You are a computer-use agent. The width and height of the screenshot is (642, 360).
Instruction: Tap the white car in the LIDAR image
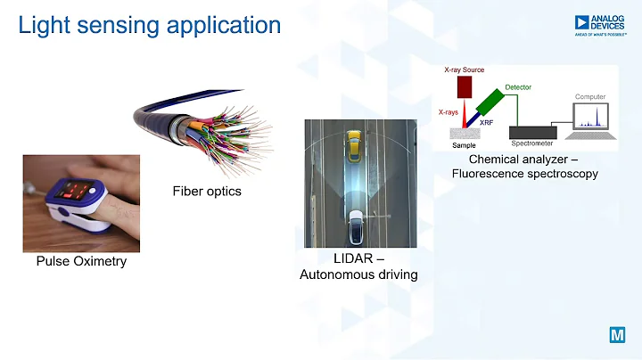point(355,226)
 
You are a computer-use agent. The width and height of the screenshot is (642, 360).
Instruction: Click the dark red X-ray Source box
point(464,86)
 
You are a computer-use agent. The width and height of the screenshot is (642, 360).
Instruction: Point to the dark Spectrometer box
point(532,132)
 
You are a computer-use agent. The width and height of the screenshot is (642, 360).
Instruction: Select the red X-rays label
point(449,112)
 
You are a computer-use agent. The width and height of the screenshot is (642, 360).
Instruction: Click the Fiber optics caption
point(207,191)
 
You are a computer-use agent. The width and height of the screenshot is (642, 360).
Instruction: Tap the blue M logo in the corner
point(616,336)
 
